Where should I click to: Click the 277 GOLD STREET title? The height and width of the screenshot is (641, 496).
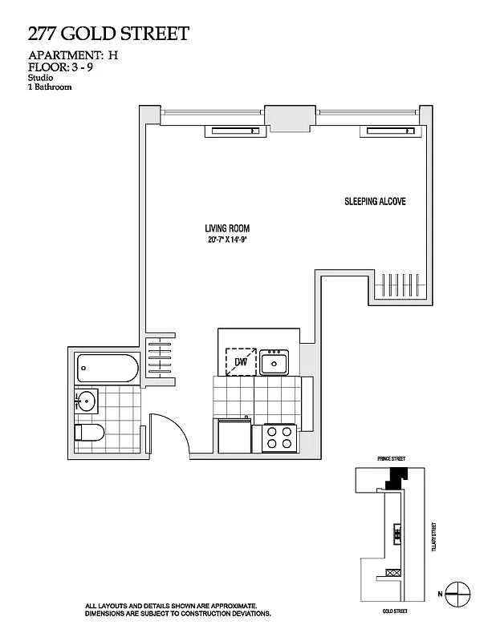[108, 34]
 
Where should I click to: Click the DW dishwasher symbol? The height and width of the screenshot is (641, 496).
[241, 361]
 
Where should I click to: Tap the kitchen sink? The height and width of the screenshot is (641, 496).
[274, 362]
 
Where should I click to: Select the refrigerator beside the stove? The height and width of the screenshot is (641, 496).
[234, 437]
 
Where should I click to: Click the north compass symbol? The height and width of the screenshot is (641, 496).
[457, 594]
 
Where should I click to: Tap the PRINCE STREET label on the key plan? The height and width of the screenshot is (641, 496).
[391, 458]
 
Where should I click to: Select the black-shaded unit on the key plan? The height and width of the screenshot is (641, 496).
[395, 478]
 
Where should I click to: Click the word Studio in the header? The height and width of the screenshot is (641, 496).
[38, 79]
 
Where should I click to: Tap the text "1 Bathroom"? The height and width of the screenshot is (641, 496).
[50, 87]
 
